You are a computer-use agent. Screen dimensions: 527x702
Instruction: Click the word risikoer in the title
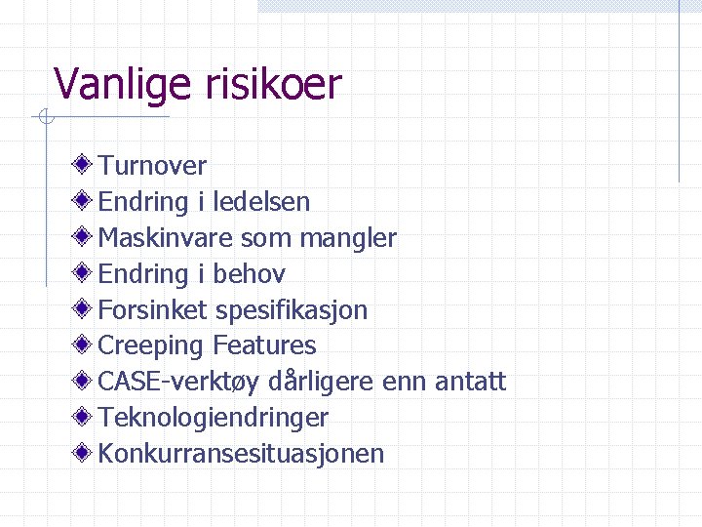point(274,85)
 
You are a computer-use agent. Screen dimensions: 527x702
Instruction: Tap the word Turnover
point(152,167)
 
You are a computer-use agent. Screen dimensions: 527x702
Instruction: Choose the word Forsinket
point(153,310)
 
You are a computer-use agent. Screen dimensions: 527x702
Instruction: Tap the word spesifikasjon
point(292,310)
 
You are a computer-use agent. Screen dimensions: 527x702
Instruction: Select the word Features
point(264,345)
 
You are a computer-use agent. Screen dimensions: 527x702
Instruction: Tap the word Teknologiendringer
point(214,418)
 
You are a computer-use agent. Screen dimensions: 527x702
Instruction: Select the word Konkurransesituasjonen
point(242,454)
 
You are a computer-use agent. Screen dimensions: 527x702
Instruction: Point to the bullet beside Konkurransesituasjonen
point(86,452)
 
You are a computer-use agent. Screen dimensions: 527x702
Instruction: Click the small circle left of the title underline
point(44,118)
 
